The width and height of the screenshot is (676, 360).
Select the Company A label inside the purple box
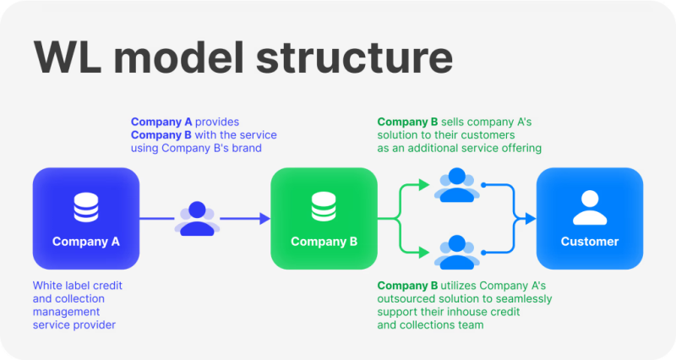click(x=85, y=242)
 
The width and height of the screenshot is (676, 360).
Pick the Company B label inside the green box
click(x=324, y=242)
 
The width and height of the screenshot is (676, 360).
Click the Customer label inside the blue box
click(x=590, y=242)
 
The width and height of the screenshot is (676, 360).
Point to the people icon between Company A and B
click(x=197, y=218)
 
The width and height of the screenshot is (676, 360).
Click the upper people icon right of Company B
click(x=457, y=185)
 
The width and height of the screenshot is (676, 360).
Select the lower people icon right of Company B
click(x=457, y=251)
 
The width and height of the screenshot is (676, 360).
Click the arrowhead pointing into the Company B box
click(x=264, y=218)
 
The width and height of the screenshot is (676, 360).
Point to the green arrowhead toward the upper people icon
click(x=426, y=185)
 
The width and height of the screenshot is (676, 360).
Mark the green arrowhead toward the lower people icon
click(x=426, y=251)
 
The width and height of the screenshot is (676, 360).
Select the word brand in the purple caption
click(x=243, y=148)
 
